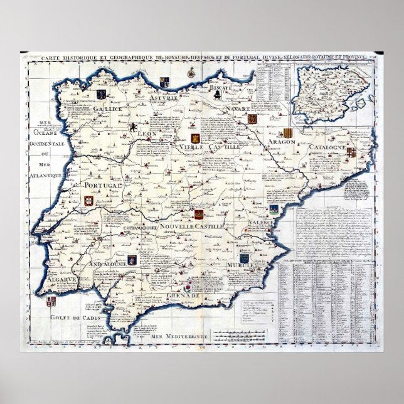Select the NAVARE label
pyautogui.click(x=240, y=109)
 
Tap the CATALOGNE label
pyautogui.click(x=327, y=147)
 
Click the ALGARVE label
pyautogui.click(x=63, y=279)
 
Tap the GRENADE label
pyautogui.click(x=184, y=295)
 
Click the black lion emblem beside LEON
pyautogui.click(x=133, y=128)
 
